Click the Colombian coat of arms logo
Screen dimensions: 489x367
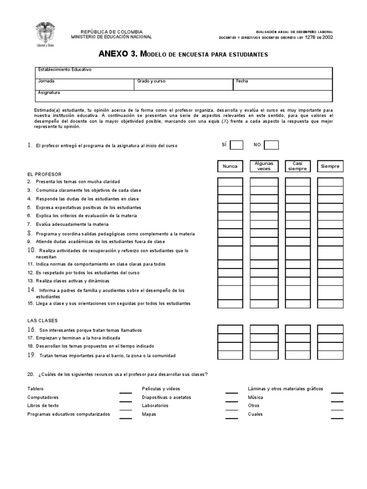43,34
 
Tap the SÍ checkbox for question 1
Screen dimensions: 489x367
237,145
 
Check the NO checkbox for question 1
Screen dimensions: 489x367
271,145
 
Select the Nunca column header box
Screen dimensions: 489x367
230,166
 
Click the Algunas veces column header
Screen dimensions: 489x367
264,166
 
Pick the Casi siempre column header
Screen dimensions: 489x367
298,166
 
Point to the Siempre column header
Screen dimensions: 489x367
330,166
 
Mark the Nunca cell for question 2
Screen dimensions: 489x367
230,182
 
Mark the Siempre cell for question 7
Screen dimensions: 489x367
330,224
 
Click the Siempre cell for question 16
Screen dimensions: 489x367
330,330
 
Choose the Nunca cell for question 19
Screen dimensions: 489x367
230,355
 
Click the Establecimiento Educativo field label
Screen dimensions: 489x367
65,70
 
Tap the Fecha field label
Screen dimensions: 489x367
242,81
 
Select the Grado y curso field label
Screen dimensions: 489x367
151,81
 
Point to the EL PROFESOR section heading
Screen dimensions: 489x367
44,174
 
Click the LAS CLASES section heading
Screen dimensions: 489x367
43,320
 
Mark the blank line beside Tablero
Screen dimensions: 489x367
126,392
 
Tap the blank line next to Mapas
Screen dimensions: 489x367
231,417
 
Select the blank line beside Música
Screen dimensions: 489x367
337,401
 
